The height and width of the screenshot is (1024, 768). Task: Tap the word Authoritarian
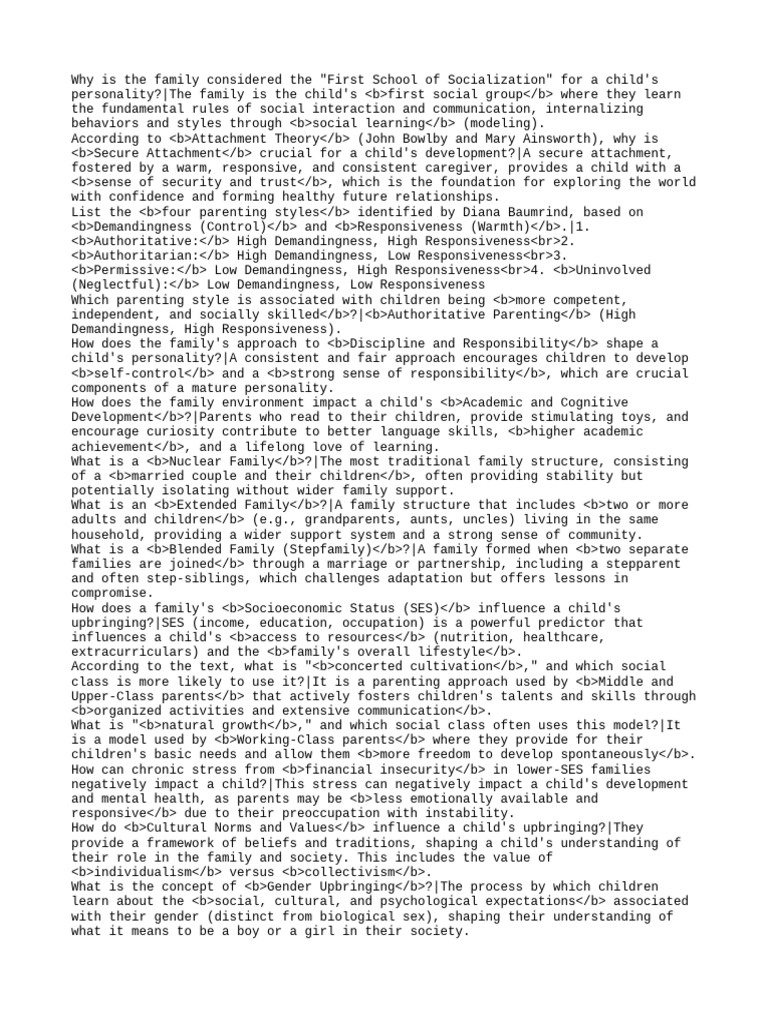point(144,256)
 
